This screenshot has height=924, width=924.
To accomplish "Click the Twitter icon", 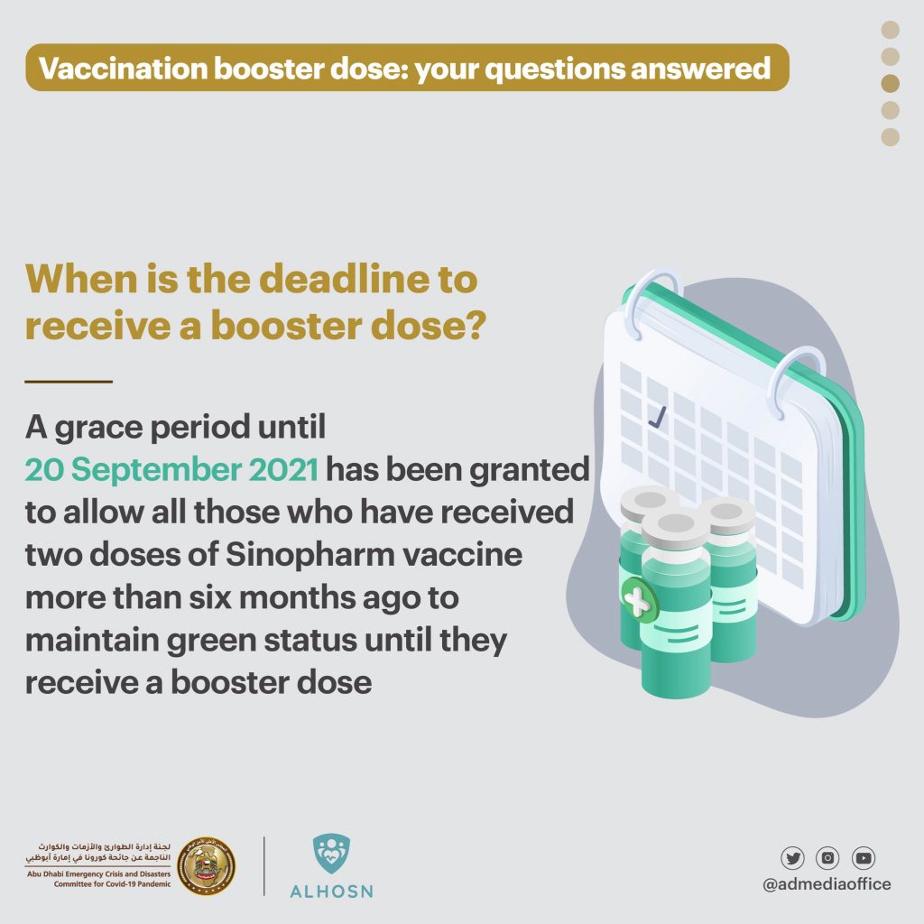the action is [792, 858].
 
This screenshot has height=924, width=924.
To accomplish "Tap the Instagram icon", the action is [827, 858].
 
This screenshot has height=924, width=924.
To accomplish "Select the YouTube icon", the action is [864, 858].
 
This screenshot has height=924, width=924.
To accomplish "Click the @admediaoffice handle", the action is [827, 884].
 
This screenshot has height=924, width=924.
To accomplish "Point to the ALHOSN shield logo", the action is [331, 854].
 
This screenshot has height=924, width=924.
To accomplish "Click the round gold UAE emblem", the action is [207, 865].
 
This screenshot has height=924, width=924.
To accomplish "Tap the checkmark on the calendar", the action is [657, 416].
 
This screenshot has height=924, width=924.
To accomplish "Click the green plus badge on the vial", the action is [639, 600].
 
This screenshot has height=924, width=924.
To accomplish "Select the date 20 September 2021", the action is [171, 469].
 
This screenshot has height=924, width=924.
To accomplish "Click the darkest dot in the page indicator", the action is [890, 83].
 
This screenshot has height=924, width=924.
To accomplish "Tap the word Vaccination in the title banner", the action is [123, 68].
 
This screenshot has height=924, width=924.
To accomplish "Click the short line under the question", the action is [69, 382].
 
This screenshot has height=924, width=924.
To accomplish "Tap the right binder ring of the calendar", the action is [796, 380].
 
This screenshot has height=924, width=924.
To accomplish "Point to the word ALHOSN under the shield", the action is [332, 891].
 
